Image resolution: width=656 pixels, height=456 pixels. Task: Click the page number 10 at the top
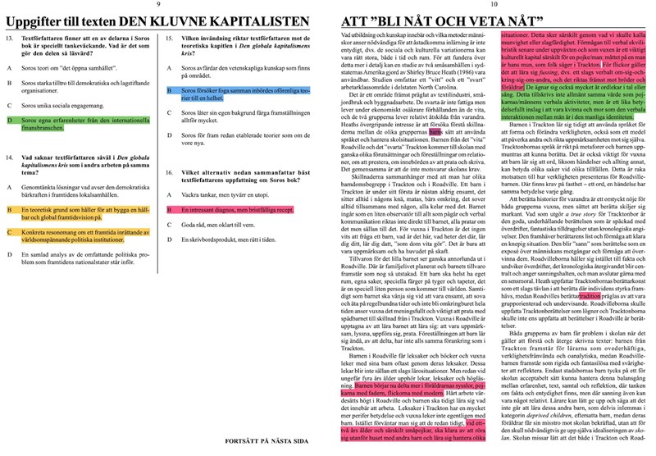pyautogui.click(x=496, y=6)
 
